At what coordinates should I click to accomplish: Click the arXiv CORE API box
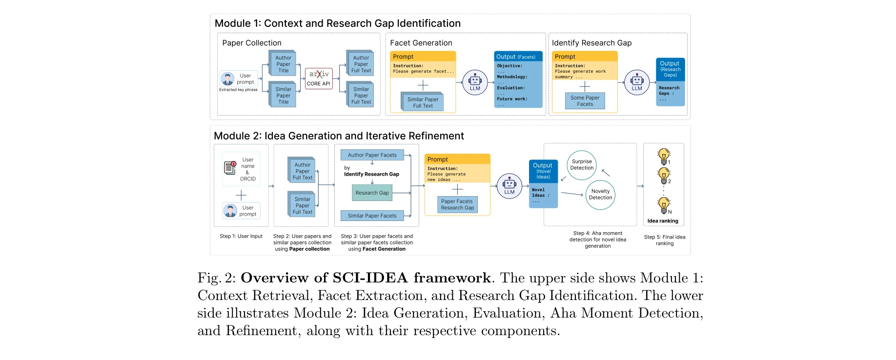319,79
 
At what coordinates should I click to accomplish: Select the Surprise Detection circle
582,165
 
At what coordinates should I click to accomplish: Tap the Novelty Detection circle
600,195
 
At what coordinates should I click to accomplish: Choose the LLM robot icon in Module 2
509,185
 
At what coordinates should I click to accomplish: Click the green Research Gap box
372,193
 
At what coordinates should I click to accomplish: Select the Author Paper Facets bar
372,155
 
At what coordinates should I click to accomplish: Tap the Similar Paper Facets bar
372,216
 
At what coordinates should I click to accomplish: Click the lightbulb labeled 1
663,156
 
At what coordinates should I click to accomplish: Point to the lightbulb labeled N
663,204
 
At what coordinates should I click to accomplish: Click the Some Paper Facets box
585,101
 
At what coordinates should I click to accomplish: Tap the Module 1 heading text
337,23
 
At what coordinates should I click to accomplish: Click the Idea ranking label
663,221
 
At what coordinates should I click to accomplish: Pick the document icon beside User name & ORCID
230,168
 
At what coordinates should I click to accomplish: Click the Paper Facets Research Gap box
457,204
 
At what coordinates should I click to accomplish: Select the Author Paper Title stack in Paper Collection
283,64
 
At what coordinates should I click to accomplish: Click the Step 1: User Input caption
241,236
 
